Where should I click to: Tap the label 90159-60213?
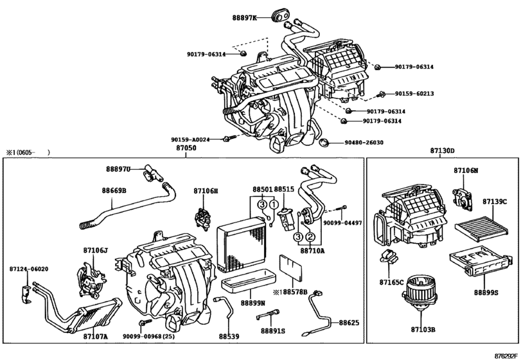point(414,94)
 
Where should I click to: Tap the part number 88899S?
point(486,292)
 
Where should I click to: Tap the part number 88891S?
point(273,330)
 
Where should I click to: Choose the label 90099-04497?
point(343,223)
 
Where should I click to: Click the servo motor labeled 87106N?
point(463,197)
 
